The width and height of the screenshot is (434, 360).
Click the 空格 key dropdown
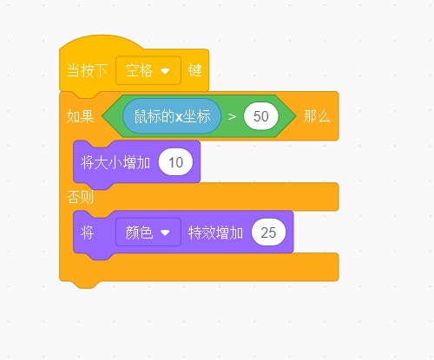pos(148,70)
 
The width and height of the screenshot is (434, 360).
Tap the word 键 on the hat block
pos(194,70)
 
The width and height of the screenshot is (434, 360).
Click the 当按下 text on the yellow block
pos(87,70)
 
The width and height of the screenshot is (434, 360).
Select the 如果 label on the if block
pos(80,116)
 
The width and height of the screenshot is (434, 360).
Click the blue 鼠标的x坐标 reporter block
pos(172,116)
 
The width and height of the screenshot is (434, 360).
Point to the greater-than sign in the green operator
pos(232,116)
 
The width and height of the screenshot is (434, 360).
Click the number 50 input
pos(261,116)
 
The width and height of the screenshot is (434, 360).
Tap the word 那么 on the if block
pos(317,116)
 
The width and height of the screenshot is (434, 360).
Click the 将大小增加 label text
pos(115,162)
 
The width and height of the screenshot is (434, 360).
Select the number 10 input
pos(175,162)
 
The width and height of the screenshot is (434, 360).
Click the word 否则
pos(80,198)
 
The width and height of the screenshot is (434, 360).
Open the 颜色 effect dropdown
pos(148,232)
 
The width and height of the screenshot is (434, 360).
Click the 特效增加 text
pos(215,232)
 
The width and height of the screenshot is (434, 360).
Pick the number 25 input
pos(268,232)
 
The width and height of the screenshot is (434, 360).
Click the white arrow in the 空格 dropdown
pos(165,71)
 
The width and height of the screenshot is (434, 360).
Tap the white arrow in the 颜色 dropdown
pos(165,232)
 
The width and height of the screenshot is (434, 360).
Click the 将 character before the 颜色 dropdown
pos(87,232)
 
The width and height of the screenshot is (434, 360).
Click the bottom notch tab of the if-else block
pos(86,285)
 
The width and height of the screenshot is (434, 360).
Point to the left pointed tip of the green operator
pos(102,116)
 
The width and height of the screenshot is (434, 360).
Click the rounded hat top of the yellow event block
pos(102,41)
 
